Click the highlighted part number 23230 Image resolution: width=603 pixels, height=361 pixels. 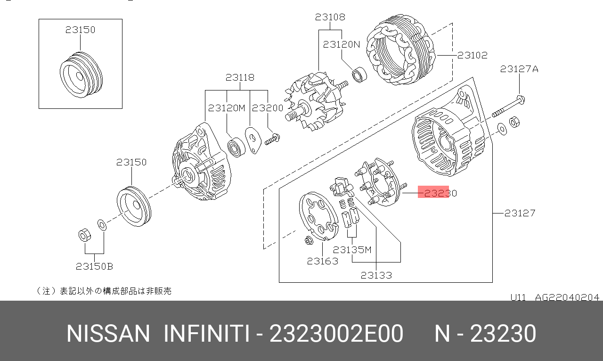click(440, 193)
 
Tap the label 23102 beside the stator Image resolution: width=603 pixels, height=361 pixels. click(473, 55)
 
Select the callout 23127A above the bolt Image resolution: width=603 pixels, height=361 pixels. click(519, 69)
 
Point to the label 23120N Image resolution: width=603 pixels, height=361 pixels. click(342, 44)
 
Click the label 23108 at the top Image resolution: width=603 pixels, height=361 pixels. click(330, 17)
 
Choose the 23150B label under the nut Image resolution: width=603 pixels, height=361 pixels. click(94, 266)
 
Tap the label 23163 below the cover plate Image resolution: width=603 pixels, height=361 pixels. click(323, 261)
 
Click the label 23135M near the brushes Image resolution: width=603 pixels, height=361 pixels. click(352, 250)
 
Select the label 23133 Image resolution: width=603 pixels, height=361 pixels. click(376, 275)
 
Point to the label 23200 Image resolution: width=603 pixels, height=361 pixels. click(268, 108)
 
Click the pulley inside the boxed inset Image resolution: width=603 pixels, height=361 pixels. click(81, 75)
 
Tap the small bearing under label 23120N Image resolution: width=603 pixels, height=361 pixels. click(359, 74)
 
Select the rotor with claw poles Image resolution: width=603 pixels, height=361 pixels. click(315, 102)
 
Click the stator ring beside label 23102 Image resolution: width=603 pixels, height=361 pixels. click(400, 49)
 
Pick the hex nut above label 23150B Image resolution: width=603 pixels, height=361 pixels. click(84, 235)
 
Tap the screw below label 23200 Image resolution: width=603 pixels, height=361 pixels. click(272, 139)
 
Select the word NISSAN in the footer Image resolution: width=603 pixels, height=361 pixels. click(108, 334)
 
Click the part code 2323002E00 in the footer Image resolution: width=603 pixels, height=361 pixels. click(336, 334)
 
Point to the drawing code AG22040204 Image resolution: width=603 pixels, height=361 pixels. click(567, 297)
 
